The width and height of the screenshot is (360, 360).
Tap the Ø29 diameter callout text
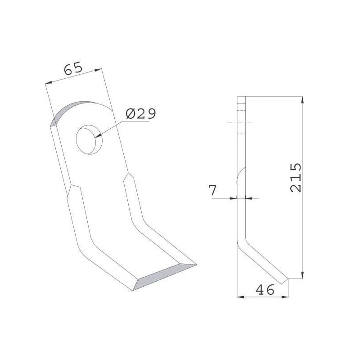(141, 113)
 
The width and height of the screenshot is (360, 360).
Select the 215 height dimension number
(296, 177)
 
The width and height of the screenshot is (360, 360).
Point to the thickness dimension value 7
(212, 190)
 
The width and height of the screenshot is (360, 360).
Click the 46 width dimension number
(265, 289)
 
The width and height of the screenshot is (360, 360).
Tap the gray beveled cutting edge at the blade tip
(165, 277)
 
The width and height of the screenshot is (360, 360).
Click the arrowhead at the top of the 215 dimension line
(302, 100)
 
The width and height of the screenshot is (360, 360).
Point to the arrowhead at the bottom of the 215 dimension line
(302, 274)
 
